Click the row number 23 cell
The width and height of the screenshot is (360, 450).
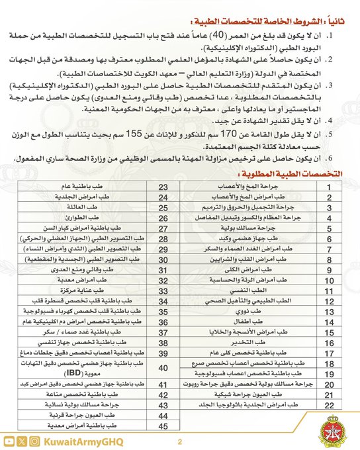163,187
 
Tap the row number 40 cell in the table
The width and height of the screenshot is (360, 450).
163,368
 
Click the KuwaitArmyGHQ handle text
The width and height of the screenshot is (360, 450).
79,441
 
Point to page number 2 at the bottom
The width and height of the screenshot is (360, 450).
179,441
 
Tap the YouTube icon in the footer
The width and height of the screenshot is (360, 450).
8,441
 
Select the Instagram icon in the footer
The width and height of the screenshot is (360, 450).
36,441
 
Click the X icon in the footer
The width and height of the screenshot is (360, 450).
22,441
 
